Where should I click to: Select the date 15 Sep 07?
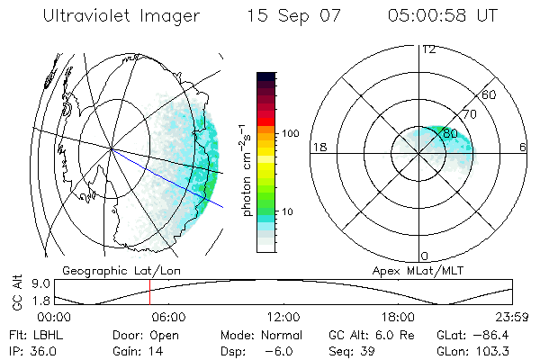pyautogui.click(x=294, y=16)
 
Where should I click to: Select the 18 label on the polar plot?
pyautogui.click(x=318, y=147)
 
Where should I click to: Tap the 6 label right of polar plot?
pyautogui.click(x=524, y=147)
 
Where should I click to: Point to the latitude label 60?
pyautogui.click(x=490, y=95)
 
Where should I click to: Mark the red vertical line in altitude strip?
pyautogui.click(x=149, y=292)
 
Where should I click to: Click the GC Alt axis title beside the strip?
pyautogui.click(x=15, y=292)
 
